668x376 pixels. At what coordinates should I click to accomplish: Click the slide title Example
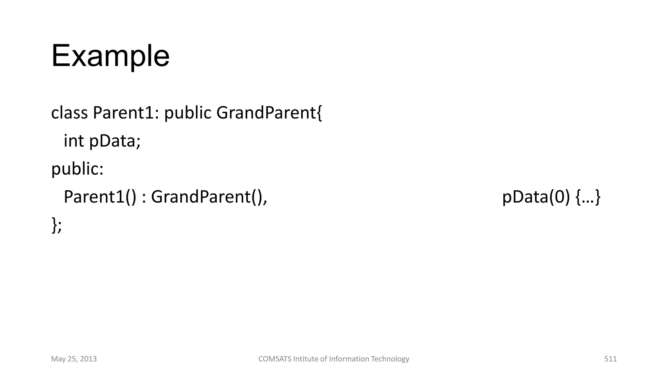110,56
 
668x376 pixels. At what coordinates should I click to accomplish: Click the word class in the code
69,113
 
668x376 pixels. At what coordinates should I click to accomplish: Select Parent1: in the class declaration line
126,113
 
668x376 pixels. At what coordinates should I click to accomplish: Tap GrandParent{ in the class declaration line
269,113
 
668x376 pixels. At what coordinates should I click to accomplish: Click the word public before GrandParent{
188,113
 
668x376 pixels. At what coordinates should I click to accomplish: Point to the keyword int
74,141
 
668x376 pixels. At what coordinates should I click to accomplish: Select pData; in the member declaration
115,141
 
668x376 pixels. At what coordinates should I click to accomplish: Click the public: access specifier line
77,169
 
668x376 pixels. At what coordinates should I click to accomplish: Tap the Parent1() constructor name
100,197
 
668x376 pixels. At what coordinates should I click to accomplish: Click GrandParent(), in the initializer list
209,197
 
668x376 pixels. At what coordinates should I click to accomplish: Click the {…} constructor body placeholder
588,197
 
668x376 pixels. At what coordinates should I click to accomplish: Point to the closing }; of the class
56,225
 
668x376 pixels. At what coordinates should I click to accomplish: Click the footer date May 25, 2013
74,359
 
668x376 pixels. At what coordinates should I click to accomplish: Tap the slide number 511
610,359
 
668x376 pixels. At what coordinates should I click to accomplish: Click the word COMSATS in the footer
275,359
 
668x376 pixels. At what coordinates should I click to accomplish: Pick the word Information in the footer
349,359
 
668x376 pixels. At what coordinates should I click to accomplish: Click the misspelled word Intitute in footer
306,359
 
